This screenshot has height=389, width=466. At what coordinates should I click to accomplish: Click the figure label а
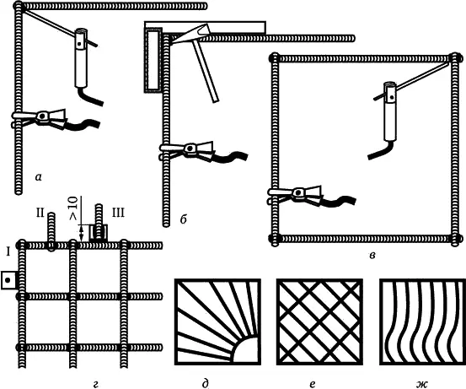coord(38,178)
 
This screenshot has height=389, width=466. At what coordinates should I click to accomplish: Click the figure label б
coord(184,219)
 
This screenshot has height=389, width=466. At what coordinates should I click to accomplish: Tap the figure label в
coord(372,256)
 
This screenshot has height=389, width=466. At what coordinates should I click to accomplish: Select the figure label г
coord(95,385)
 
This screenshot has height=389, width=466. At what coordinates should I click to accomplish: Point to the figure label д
coord(206,384)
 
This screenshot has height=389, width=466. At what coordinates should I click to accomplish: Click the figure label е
coord(312,385)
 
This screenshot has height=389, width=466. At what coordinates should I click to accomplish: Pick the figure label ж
coord(421,385)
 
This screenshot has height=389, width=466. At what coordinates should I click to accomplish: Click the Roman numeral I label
coord(8,252)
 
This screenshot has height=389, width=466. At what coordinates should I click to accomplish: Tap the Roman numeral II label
coord(40,213)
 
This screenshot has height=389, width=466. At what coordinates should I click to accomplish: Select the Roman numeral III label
coord(118,213)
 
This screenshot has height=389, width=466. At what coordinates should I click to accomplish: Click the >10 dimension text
coord(73,208)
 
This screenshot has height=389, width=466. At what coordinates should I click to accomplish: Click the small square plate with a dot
coord(8,280)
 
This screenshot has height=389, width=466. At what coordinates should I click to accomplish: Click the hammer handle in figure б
coord(206,72)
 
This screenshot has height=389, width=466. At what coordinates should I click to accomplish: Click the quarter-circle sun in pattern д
coord(245,350)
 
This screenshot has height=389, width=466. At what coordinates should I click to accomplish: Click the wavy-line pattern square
coord(423,321)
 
